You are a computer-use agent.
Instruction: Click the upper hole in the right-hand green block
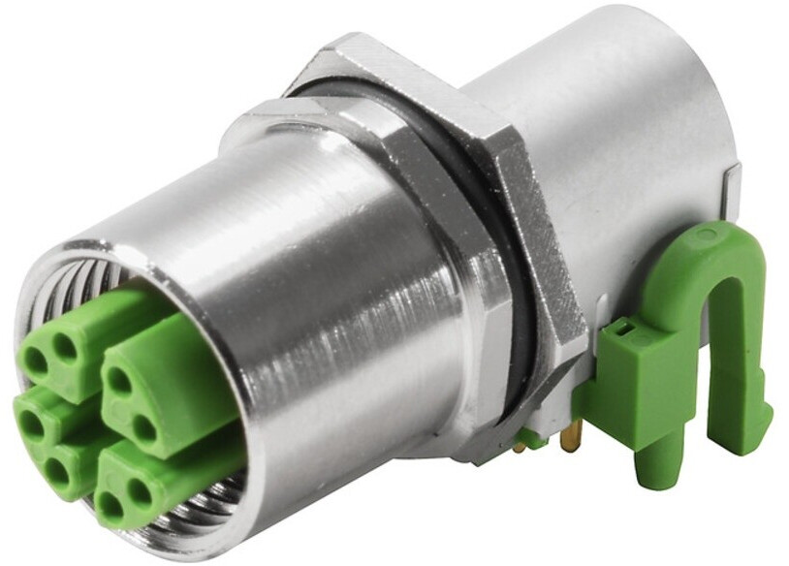pyautogui.click(x=120, y=381)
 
